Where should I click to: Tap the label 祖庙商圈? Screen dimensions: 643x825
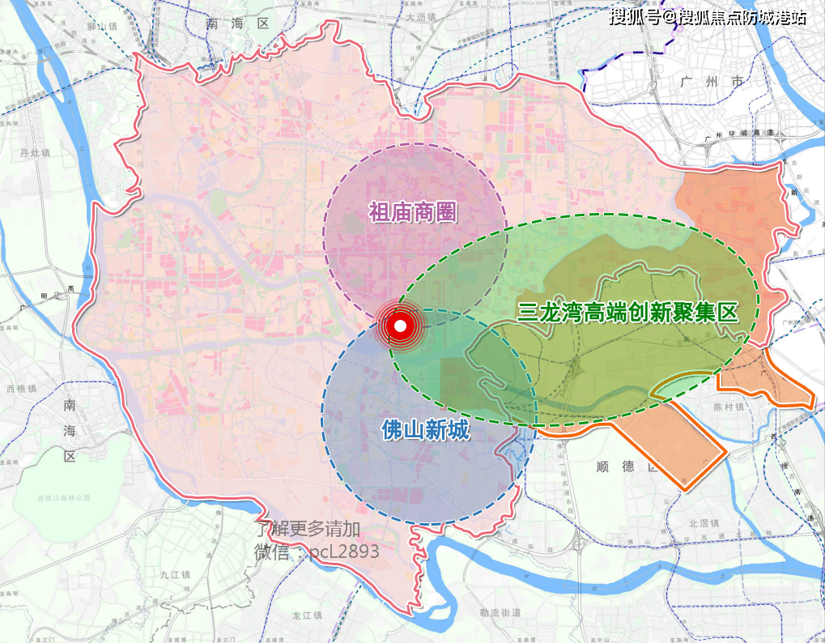click(x=413, y=213)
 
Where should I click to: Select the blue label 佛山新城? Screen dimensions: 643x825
click(x=425, y=429)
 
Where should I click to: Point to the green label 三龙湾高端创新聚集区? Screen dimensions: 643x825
click(x=628, y=312)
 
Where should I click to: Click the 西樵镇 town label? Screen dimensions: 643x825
click(x=22, y=389)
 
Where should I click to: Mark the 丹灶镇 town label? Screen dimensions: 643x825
click(x=35, y=152)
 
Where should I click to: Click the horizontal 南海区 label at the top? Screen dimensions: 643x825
click(x=237, y=24)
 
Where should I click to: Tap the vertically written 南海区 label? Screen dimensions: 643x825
click(x=70, y=428)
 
